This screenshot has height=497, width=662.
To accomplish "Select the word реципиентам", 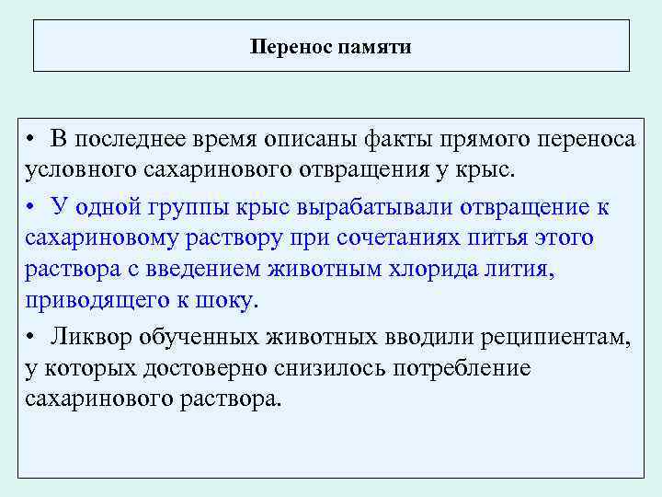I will coord(556,337).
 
